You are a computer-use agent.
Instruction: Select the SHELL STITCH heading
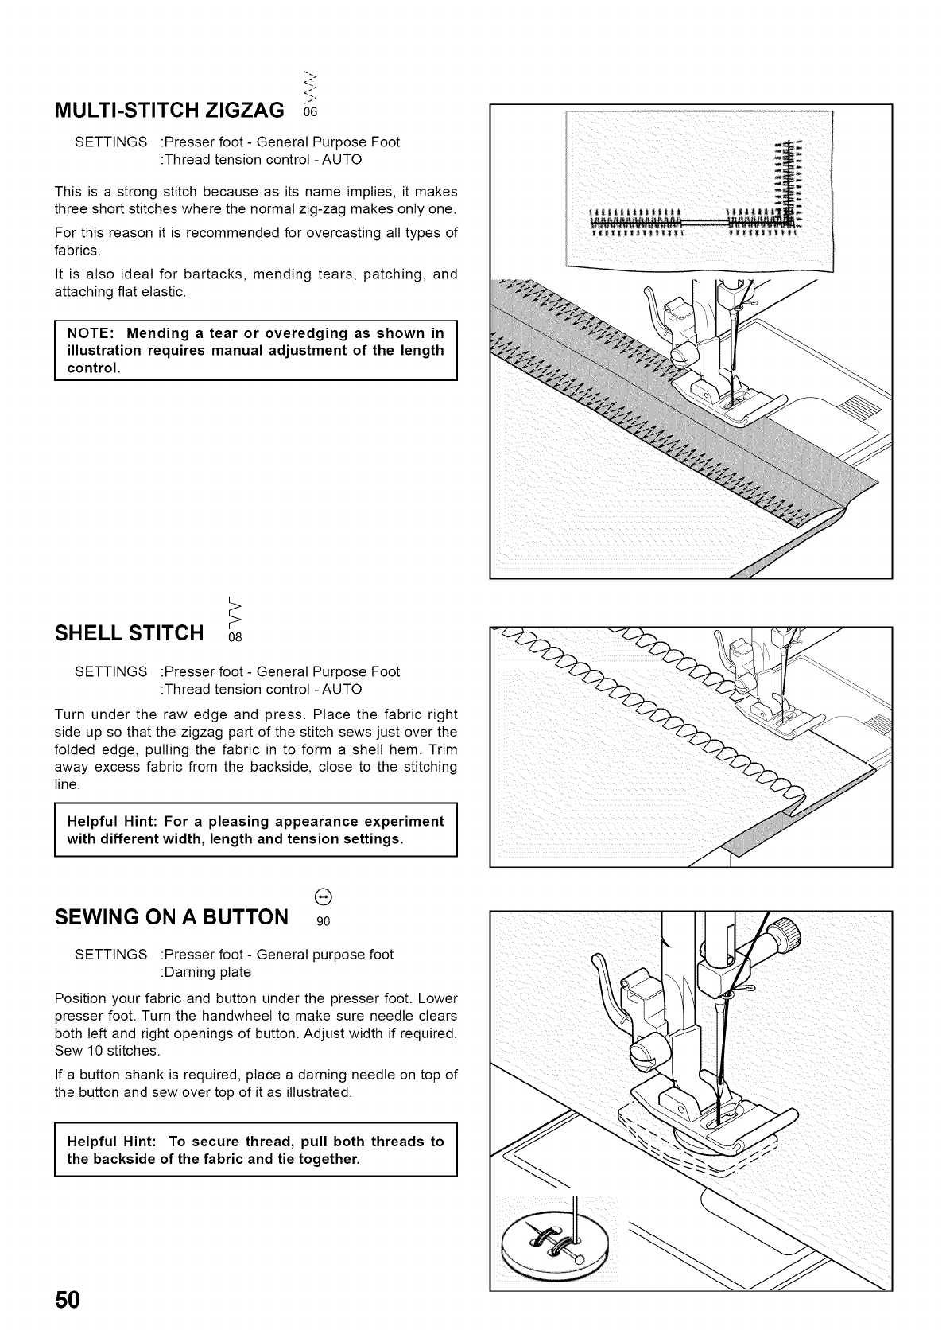[x=130, y=634]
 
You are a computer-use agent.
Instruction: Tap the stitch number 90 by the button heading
[x=323, y=923]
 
